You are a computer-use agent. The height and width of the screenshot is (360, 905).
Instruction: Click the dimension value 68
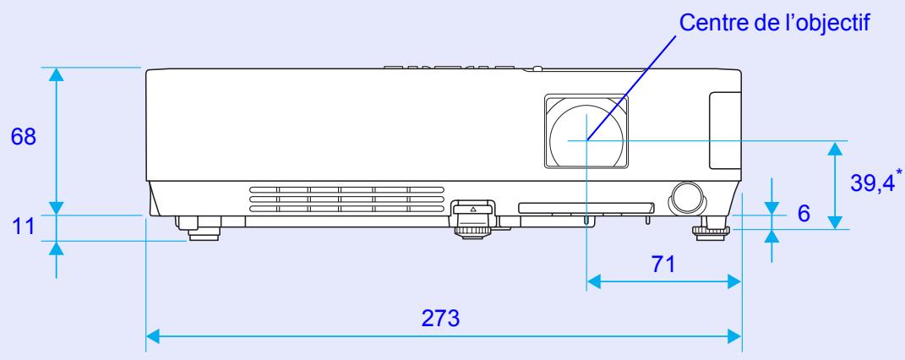tap(23, 138)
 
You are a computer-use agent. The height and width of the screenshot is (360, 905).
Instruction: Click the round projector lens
tap(587, 137)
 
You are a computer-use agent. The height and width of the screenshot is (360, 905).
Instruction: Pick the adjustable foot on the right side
tap(712, 228)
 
